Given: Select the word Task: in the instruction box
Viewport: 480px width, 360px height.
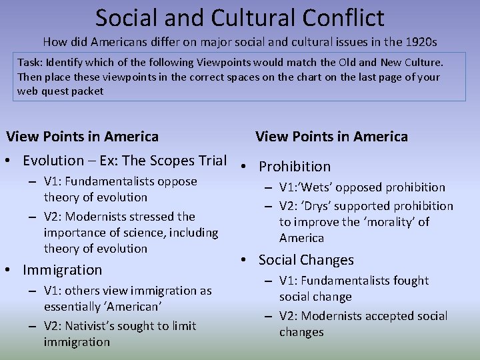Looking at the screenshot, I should (31, 62).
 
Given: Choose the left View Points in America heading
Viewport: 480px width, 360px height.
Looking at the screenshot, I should (83, 137).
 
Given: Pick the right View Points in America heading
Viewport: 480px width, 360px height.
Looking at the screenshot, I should (331, 137).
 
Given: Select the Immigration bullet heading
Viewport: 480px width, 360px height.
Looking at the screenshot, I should (62, 270).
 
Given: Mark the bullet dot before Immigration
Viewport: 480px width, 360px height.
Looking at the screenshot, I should (11, 270).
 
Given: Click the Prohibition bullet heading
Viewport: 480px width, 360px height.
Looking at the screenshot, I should (295, 167).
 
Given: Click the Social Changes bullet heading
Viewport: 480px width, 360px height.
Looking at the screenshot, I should (306, 260).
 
